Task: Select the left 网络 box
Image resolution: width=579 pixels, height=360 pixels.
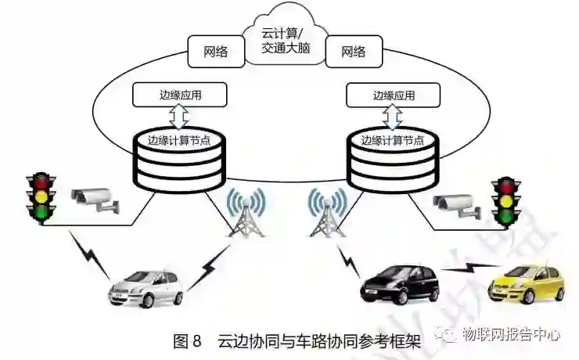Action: pos(215,52)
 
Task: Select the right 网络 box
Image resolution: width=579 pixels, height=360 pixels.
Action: pos(353,52)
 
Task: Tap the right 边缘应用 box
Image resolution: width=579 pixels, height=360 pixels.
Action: pos(393,95)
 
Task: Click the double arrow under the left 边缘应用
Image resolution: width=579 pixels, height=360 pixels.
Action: pos(179,118)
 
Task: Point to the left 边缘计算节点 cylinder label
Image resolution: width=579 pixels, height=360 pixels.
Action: pos(178,140)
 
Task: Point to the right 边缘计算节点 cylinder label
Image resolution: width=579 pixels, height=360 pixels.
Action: pos(393,140)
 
